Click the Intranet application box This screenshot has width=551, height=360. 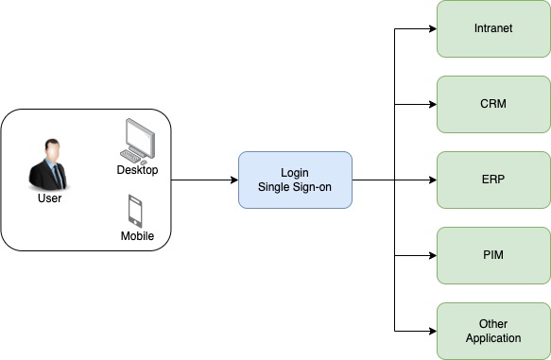[493, 28]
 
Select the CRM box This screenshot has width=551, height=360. [493, 104]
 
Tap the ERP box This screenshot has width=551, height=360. [493, 180]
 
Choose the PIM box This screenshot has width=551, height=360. [493, 255]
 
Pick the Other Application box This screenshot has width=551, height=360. [493, 331]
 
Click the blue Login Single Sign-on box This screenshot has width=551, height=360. [295, 180]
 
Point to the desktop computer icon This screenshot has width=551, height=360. [137, 142]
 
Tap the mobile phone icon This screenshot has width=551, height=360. [135, 211]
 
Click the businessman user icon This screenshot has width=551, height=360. [48, 165]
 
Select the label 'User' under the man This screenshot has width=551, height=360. [49, 198]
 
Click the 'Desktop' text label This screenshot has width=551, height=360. [137, 170]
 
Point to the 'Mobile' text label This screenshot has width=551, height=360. [137, 235]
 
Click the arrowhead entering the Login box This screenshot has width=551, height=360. [234, 180]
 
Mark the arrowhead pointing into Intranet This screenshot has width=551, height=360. [433, 28]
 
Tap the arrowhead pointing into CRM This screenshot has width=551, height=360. [433, 104]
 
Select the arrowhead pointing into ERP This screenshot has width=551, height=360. [433, 180]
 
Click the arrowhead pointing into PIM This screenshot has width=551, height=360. [433, 256]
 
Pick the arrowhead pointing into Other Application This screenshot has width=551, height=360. [433, 331]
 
